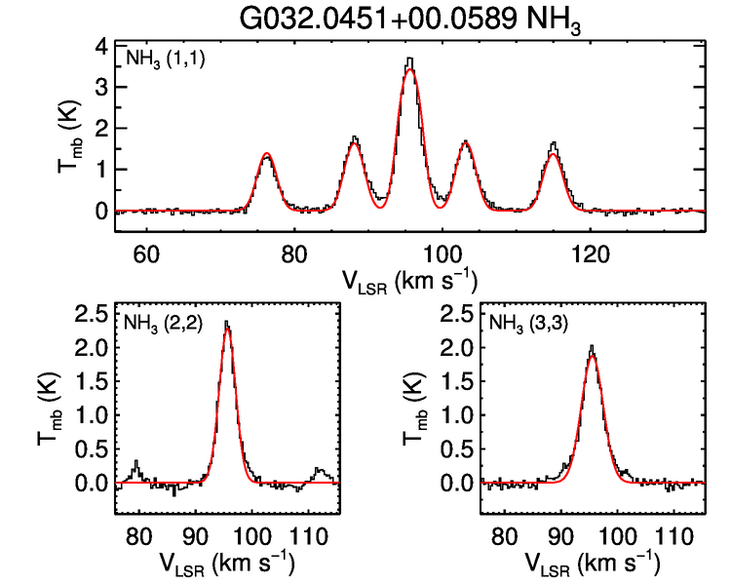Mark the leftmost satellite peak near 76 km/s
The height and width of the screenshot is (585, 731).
click(265, 155)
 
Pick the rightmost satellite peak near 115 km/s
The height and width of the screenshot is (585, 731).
click(554, 146)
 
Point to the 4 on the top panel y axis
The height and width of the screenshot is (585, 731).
click(99, 46)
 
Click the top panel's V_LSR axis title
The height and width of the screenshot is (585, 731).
click(409, 281)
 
